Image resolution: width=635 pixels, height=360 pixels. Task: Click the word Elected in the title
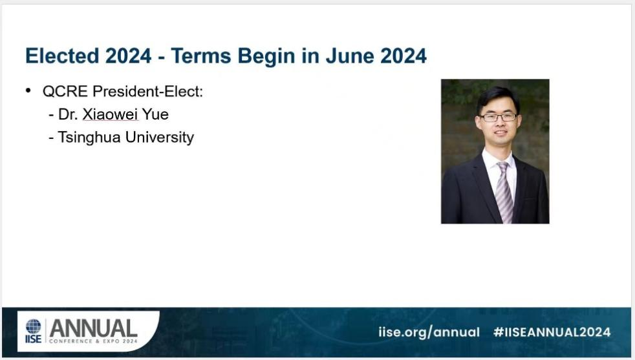click(62, 56)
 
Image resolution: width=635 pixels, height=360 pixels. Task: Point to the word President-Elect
click(148, 92)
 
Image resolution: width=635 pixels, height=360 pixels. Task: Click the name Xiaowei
click(110, 114)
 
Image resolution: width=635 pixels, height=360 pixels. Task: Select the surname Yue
click(155, 114)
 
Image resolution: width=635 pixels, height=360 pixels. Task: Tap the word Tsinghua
click(89, 138)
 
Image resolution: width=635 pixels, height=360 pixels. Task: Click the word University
click(160, 138)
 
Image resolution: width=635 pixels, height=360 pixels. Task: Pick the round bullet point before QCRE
click(28, 90)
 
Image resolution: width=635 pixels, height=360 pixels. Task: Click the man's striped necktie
click(504, 192)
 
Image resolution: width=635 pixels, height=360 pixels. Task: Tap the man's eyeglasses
click(498, 118)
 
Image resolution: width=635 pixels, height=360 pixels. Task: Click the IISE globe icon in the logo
click(33, 326)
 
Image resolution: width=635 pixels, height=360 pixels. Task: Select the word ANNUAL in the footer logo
click(93, 328)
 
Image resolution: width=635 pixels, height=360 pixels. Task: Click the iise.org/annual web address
click(429, 332)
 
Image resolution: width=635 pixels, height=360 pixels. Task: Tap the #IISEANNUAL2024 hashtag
click(552, 332)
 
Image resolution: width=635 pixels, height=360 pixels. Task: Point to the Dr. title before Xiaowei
click(68, 114)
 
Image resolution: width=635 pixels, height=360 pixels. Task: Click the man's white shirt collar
click(499, 160)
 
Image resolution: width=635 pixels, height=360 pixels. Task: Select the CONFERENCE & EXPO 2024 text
click(94, 341)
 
